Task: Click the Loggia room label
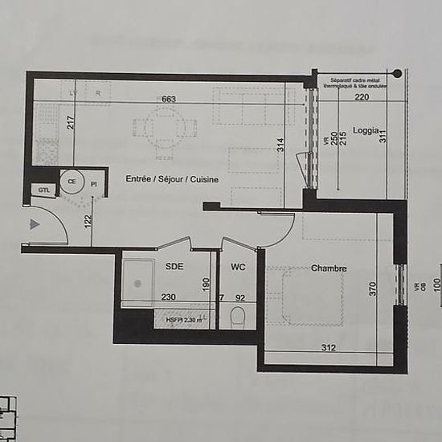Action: coord(366,130)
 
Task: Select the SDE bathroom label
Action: coord(174,266)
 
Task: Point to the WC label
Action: coord(238,266)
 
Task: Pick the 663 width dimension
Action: coord(168,99)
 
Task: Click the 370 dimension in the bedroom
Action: coord(372,289)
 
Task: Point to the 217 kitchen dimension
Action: coord(71,123)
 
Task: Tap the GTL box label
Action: coord(42,190)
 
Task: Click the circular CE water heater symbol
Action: coord(72,182)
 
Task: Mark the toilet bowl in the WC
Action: coord(238,317)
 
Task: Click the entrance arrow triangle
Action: coord(34,224)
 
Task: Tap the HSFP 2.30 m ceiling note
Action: coord(182,320)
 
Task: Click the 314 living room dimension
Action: coord(280,145)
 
